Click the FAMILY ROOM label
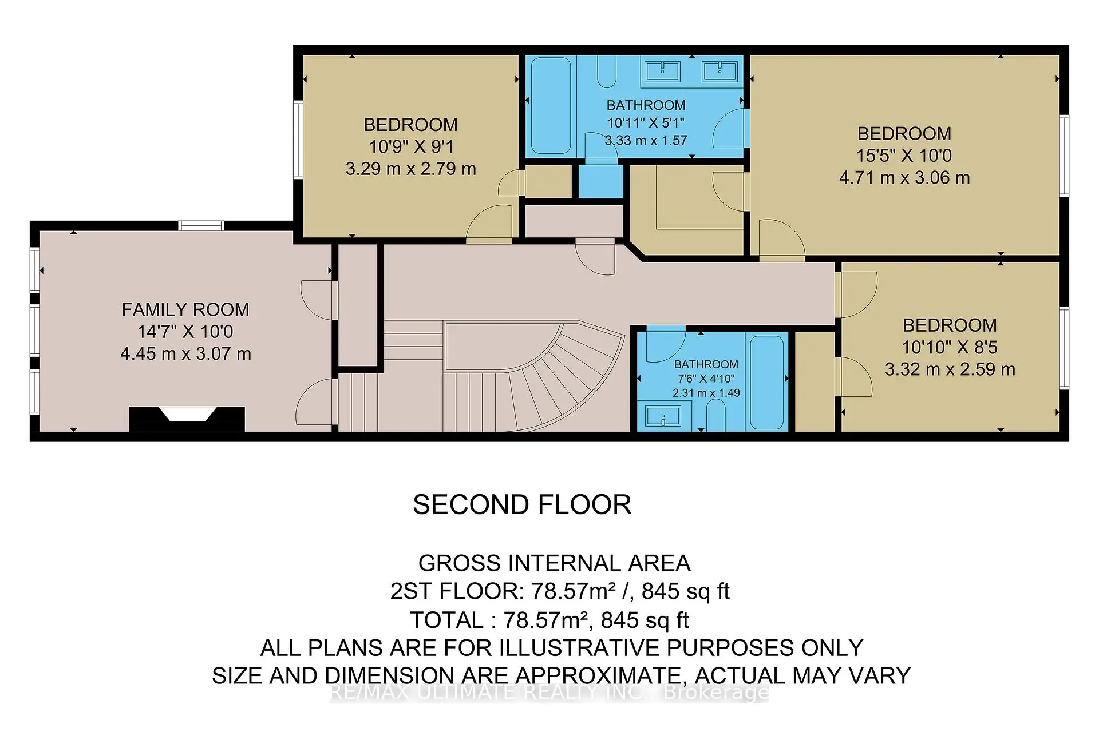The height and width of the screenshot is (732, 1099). tap(185, 309)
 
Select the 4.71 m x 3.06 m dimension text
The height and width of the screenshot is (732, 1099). tap(904, 177)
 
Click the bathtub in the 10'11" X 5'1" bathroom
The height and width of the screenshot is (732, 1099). tap(551, 106)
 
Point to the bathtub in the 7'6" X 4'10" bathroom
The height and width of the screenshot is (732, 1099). tap(766, 382)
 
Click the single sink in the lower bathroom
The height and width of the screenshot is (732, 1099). tap(663, 416)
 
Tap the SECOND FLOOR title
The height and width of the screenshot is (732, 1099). tap(521, 505)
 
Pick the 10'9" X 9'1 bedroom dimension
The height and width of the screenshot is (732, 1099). tap(411, 146)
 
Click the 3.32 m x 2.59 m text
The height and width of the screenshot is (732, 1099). tap(950, 369)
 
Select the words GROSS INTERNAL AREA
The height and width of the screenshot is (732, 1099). tap(554, 563)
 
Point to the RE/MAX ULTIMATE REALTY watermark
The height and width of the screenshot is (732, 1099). tap(549, 693)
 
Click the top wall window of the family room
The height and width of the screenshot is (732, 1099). tap(201, 225)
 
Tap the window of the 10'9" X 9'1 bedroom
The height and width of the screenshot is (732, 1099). tap(298, 138)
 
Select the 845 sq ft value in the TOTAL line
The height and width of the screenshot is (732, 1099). tap(645, 620)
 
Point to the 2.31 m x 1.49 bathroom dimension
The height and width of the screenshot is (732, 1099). tap(706, 393)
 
